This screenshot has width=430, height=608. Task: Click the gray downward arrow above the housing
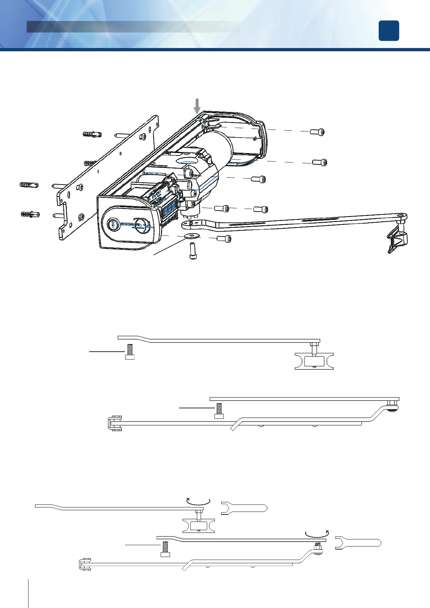pyautogui.click(x=197, y=106)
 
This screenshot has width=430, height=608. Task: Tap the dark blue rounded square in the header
pyautogui.click(x=389, y=31)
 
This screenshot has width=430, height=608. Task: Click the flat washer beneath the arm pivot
pyautogui.click(x=188, y=236)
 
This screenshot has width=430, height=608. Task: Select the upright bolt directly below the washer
pyautogui.click(x=193, y=251)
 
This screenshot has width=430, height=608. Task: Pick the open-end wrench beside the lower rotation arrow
pyautogui.click(x=358, y=543)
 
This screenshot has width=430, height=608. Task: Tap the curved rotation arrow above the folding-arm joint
pyautogui.click(x=317, y=533)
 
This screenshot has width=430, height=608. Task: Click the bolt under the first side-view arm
pyautogui.click(x=130, y=352)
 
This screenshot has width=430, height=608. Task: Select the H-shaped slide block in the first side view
pyautogui.click(x=314, y=361)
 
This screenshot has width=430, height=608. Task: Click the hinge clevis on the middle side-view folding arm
pyautogui.click(x=114, y=424)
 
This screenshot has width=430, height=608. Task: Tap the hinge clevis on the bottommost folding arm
pyautogui.click(x=84, y=565)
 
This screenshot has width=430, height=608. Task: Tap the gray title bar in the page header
pyautogui.click(x=133, y=26)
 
